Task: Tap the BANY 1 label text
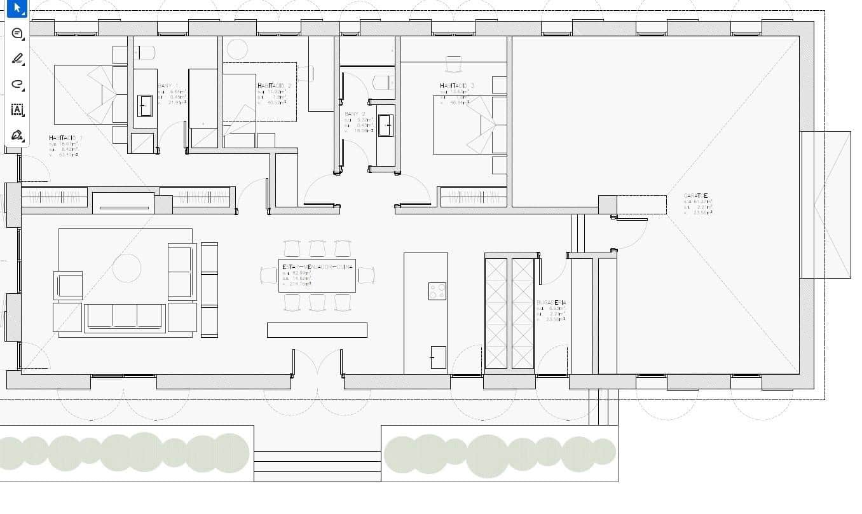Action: click(168, 85)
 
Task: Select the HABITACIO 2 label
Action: click(275, 85)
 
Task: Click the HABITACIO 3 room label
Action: click(457, 85)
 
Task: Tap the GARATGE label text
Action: click(695, 196)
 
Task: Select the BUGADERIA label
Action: click(551, 303)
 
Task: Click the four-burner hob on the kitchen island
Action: click(437, 291)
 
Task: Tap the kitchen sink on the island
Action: click(438, 357)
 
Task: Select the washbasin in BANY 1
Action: click(145, 106)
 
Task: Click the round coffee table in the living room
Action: click(127, 268)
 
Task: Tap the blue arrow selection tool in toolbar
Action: click(17, 8)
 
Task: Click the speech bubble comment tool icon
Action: click(17, 33)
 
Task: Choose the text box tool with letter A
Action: click(17, 109)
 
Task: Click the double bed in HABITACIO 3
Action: click(470, 125)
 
